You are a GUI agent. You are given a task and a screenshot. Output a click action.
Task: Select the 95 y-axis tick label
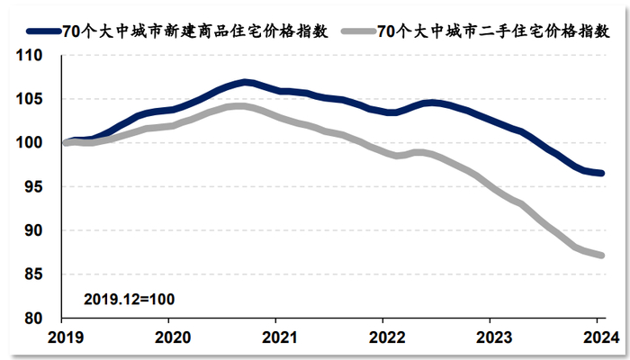point(36,186)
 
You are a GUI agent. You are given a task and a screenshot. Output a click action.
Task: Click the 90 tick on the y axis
point(36,230)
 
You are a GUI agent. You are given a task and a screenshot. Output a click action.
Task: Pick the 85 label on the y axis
point(36,274)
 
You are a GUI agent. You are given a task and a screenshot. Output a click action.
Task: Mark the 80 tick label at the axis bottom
point(36,319)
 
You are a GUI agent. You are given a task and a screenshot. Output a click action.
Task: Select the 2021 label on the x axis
point(275,339)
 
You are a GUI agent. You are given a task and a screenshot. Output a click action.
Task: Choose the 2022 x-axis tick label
point(382,339)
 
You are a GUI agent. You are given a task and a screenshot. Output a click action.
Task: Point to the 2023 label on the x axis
point(490,339)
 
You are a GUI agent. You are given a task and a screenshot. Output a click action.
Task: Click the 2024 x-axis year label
point(597,339)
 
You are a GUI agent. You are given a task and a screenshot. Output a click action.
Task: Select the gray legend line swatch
point(353,31)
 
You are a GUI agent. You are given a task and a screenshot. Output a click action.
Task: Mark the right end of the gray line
point(602,256)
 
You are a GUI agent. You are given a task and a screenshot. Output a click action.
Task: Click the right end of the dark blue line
point(602,173)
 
